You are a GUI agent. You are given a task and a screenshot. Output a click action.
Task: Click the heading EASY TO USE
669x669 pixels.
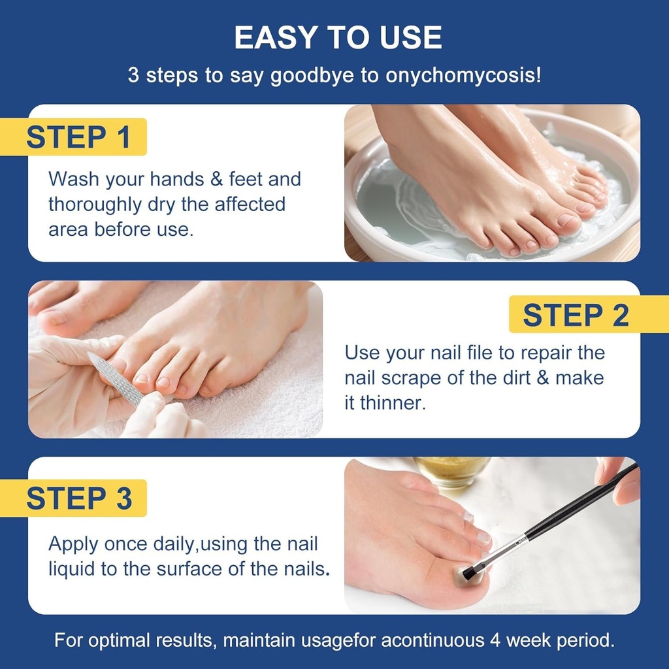(338, 38)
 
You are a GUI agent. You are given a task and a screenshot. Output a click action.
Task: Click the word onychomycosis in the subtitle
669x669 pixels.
(463, 74)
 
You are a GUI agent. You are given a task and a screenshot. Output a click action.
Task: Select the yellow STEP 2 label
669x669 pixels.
(576, 315)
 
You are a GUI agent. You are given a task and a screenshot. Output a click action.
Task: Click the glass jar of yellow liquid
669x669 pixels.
(451, 469)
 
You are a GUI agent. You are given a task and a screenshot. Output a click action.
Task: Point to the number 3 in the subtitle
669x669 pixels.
(133, 74)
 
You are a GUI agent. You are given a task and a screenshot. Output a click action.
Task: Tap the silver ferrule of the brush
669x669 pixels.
(507, 547)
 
